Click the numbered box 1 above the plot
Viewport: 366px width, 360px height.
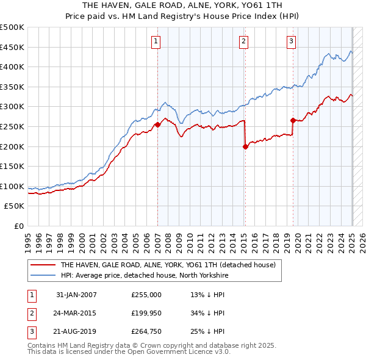(156, 41)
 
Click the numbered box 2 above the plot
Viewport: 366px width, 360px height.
(243, 41)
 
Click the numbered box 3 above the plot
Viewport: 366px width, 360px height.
(291, 41)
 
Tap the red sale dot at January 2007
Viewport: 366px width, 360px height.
(157, 124)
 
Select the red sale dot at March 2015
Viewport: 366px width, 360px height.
(245, 146)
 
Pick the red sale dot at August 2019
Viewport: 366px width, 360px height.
(293, 120)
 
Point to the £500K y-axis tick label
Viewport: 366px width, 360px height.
(12, 27)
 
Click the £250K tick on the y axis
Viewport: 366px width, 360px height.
(12, 126)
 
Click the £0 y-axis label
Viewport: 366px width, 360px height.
(18, 226)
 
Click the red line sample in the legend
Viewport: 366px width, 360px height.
(41, 265)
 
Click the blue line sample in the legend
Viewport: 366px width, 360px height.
(41, 275)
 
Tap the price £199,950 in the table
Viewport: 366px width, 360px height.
(146, 314)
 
